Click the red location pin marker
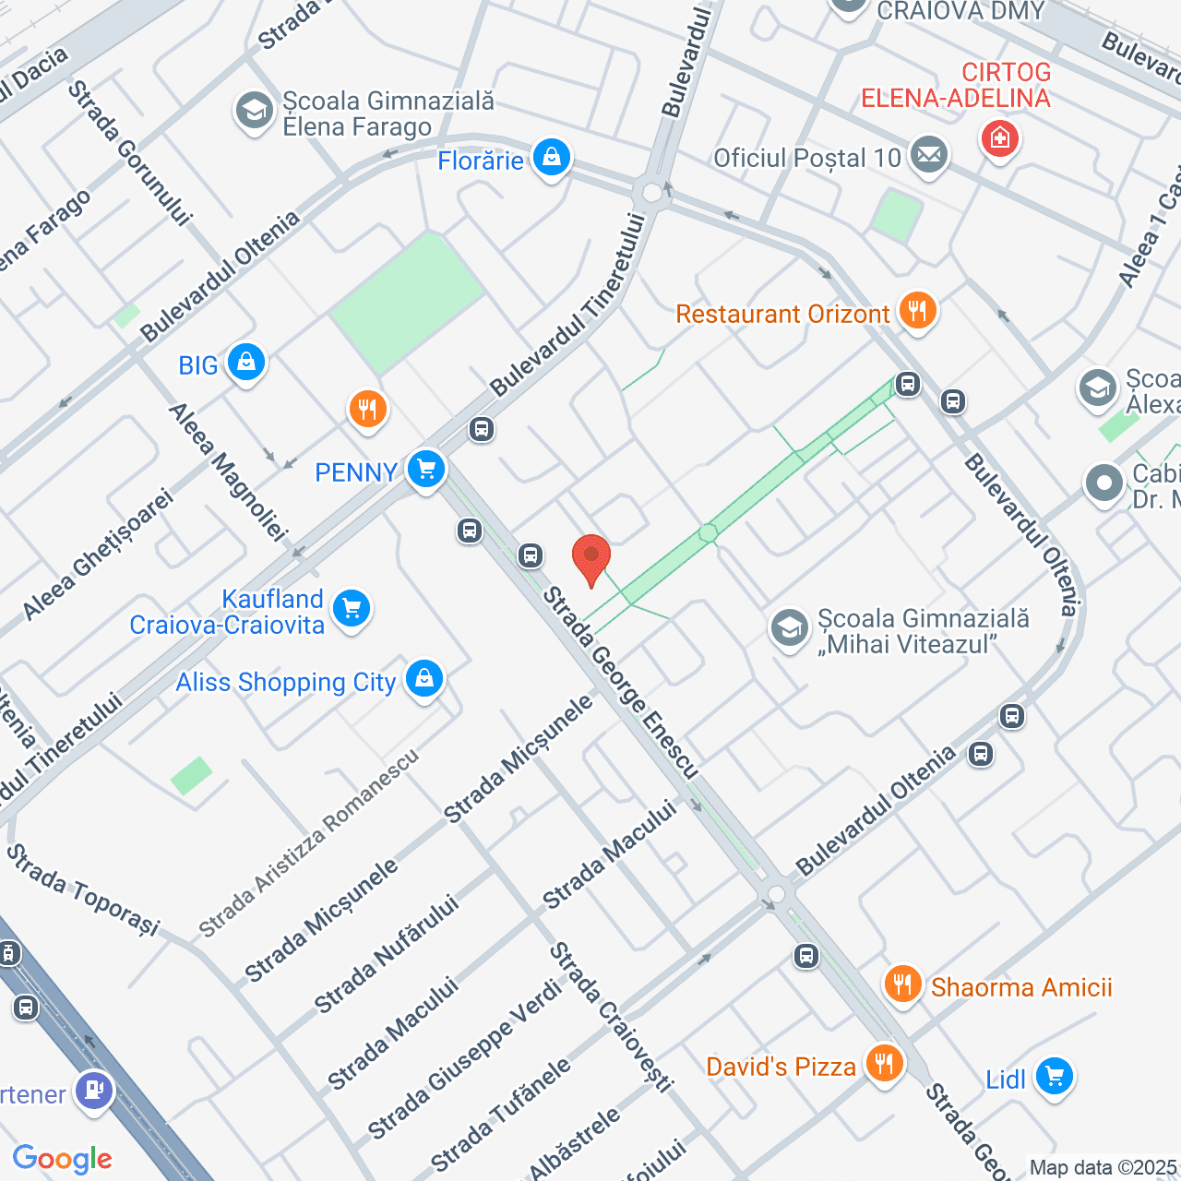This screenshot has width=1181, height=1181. pos(591,558)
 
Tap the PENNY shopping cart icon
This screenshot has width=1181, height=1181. pos(426,470)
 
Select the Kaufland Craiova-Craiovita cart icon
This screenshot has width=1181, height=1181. pos(352,609)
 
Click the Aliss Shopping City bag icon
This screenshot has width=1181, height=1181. pos(424,679)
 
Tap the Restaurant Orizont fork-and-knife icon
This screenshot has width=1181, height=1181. pos(917,311)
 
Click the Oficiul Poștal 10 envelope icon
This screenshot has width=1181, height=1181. pos(929,155)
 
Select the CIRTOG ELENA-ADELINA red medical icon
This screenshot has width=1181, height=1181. pos(1000,139)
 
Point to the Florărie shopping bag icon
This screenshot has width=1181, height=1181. pos(552,158)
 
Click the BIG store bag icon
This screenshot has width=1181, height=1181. pos(246,363)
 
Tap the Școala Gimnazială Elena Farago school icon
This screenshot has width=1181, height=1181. pos(254,112)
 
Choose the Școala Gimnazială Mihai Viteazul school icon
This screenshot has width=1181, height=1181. pos(790,629)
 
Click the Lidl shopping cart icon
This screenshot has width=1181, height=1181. pos(1054,1077)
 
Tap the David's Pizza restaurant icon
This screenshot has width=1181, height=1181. pos(884,1064)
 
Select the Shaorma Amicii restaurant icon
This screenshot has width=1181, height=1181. pos(902,984)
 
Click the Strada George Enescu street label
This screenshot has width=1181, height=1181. pos(620,684)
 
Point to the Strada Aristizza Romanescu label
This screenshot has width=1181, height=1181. pos(309,844)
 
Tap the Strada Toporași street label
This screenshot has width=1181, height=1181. pos(83,889)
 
